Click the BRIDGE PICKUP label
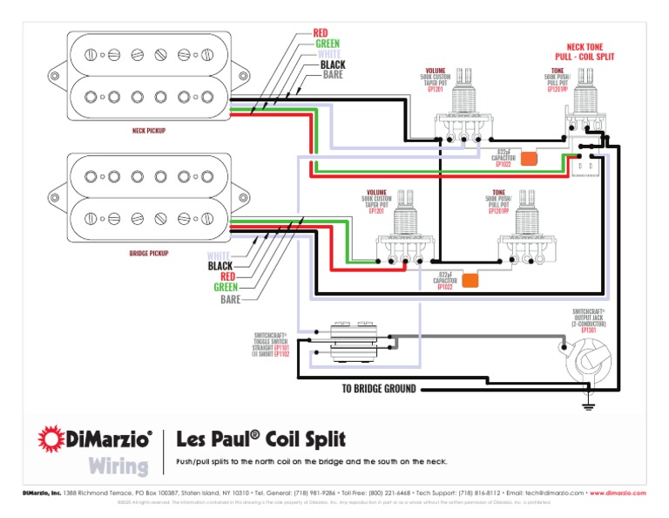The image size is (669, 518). pyautogui.click(x=148, y=254)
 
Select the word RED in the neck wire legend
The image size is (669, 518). pyautogui.click(x=321, y=33)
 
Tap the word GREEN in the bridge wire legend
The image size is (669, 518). pyautogui.click(x=225, y=287)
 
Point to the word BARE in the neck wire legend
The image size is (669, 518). pyautogui.click(x=332, y=76)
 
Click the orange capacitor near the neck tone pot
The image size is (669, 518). pyautogui.click(x=529, y=159)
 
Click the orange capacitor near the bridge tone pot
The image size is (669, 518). pyautogui.click(x=470, y=280)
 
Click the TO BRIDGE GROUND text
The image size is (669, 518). pyautogui.click(x=378, y=388)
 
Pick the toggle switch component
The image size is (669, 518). pyautogui.click(x=353, y=344)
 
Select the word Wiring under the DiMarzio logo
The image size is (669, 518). pyautogui.click(x=118, y=466)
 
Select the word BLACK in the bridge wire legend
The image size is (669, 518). pyautogui.click(x=220, y=265)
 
